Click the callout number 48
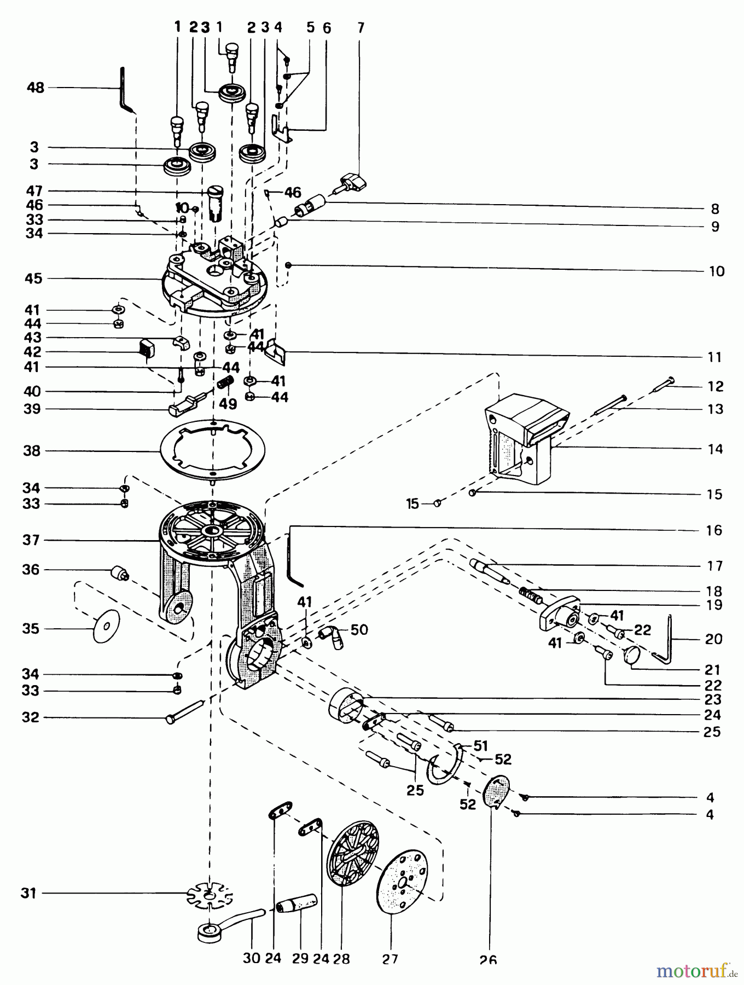[x=36, y=88]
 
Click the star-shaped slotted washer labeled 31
[x=209, y=894]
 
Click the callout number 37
[x=31, y=541]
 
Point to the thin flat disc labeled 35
[x=107, y=626]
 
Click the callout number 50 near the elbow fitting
[x=359, y=630]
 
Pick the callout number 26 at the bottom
[x=488, y=959]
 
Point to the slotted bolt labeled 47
[x=217, y=201]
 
